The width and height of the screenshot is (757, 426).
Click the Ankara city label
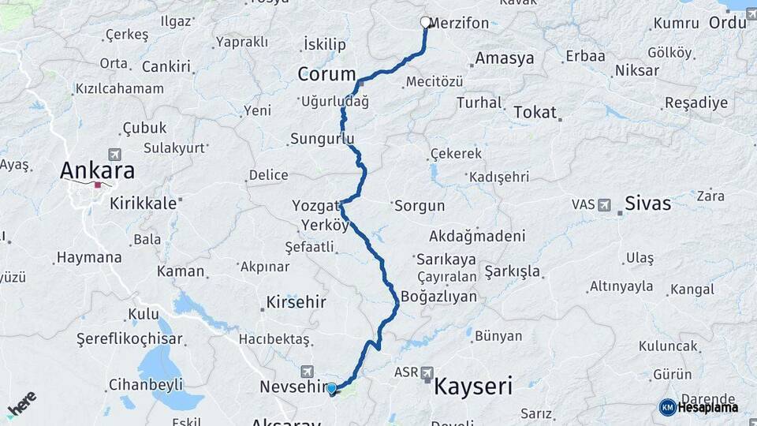coord(98,170)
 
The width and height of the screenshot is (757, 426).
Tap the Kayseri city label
coord(473,387)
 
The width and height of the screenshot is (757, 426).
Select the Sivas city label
coord(647,203)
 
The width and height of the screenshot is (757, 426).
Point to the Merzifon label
coord(461,23)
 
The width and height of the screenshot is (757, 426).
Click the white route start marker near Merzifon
coord(426,23)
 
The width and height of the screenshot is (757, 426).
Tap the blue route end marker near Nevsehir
coord(332,388)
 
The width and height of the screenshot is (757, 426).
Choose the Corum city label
coord(327,74)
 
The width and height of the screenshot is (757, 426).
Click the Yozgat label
coord(315,205)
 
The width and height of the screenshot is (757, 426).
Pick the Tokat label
coord(535,113)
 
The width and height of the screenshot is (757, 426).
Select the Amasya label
coord(505,58)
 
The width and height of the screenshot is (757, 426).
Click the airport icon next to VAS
coord(605,204)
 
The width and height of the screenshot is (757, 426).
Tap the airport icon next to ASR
coord(427,372)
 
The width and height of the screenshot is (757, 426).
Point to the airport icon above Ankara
coord(116,154)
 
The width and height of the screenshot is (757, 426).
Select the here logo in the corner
coord(22,404)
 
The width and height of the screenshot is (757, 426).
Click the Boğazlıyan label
coord(439,297)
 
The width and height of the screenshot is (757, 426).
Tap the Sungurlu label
coord(323,139)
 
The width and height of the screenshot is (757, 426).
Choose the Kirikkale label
coord(143,203)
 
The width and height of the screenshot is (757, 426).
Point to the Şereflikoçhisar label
coord(129,339)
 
